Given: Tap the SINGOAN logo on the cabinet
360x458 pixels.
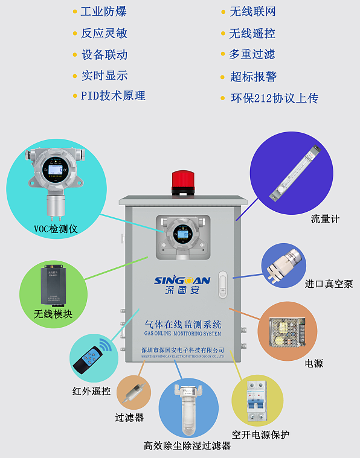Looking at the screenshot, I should click(x=182, y=281).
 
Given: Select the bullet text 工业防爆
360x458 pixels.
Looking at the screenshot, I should click(x=104, y=11).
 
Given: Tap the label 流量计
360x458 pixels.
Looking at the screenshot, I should click(x=325, y=218).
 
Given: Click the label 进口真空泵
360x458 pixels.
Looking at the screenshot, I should click(x=329, y=284).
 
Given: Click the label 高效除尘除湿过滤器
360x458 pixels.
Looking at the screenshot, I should click(x=187, y=446).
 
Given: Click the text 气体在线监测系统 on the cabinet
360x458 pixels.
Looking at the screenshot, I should click(x=182, y=324).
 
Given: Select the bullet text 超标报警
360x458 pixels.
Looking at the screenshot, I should click(x=253, y=77).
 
